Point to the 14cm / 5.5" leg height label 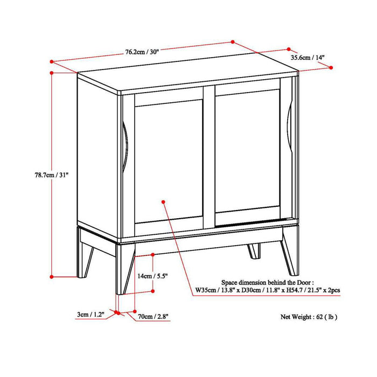152,276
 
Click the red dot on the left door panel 163,201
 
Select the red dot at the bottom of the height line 52,276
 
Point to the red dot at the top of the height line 51,72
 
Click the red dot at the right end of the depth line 330,68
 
